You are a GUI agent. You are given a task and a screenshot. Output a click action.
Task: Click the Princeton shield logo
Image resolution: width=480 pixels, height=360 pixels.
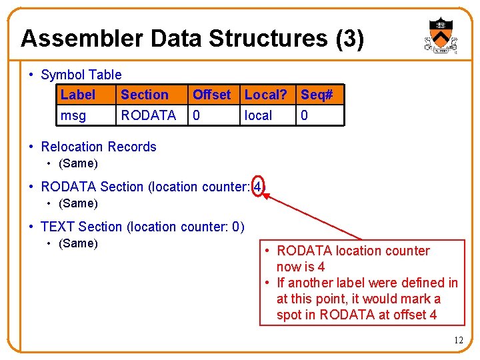pyautogui.click(x=440, y=35)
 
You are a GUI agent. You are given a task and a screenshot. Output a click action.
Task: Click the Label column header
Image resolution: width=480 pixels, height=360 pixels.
pyautogui.click(x=78, y=95)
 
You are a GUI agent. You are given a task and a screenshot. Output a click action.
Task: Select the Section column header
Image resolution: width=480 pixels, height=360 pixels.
pyautogui.click(x=144, y=95)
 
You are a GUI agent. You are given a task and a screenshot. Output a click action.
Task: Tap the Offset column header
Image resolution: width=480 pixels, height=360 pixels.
pyautogui.click(x=211, y=95)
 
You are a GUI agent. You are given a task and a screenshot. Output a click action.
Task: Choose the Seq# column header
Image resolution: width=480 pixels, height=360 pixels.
pyautogui.click(x=317, y=95)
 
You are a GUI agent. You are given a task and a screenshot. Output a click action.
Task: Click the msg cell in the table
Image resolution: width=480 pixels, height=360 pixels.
pyautogui.click(x=73, y=115)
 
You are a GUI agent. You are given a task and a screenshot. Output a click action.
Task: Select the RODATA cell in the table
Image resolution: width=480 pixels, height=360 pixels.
pyautogui.click(x=148, y=115)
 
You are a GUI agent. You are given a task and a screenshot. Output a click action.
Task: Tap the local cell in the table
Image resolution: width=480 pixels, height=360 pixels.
pyautogui.click(x=258, y=115)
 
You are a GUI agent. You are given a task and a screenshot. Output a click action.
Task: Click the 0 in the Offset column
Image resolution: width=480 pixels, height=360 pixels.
pyautogui.click(x=196, y=115)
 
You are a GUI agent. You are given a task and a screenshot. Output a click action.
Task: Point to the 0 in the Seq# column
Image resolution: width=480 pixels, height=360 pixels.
pyautogui.click(x=305, y=115)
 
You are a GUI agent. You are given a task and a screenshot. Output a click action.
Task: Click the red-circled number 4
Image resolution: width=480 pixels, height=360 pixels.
pyautogui.click(x=257, y=187)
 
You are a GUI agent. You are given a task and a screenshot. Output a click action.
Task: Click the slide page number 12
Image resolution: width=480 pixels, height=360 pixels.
pyautogui.click(x=458, y=341)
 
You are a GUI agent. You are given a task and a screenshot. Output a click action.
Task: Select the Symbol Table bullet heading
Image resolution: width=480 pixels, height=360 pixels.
pyautogui.click(x=81, y=75)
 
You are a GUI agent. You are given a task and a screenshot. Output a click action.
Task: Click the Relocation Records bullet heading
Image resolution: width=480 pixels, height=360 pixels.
pyautogui.click(x=98, y=147)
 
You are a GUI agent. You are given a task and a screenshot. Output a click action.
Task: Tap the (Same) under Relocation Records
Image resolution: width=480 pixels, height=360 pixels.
pyautogui.click(x=78, y=163)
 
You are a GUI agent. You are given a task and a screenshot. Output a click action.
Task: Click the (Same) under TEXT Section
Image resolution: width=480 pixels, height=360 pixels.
pyautogui.click(x=78, y=243)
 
